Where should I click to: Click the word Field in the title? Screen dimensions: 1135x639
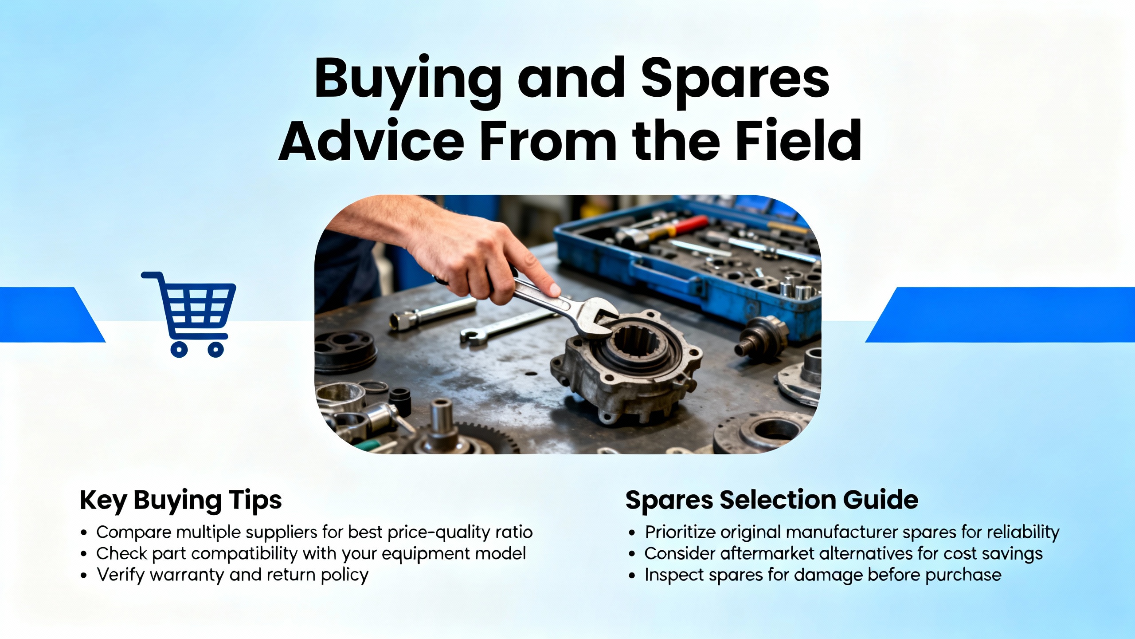(x=798, y=141)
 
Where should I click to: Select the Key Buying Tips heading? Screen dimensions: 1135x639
(x=180, y=501)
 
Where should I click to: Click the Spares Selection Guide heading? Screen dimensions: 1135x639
(x=771, y=500)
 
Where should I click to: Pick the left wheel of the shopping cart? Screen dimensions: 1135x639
(x=179, y=349)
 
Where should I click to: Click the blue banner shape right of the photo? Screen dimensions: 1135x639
(x=1000, y=315)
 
